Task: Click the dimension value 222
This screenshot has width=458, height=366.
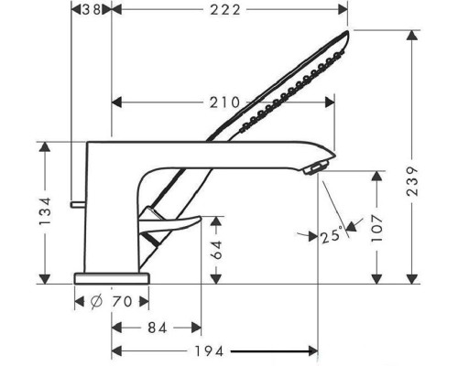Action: (x=225, y=10)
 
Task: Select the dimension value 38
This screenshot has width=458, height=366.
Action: (x=91, y=10)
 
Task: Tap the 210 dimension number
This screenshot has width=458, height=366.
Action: (x=224, y=102)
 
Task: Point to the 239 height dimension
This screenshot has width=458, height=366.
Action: (x=412, y=181)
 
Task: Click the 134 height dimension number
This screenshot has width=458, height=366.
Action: (x=45, y=211)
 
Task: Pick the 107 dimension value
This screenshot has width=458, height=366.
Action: (x=376, y=228)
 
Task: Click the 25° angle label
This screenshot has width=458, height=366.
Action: (x=332, y=235)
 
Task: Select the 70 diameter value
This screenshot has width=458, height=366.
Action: (x=122, y=302)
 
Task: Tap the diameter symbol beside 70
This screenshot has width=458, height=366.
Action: (x=96, y=302)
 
